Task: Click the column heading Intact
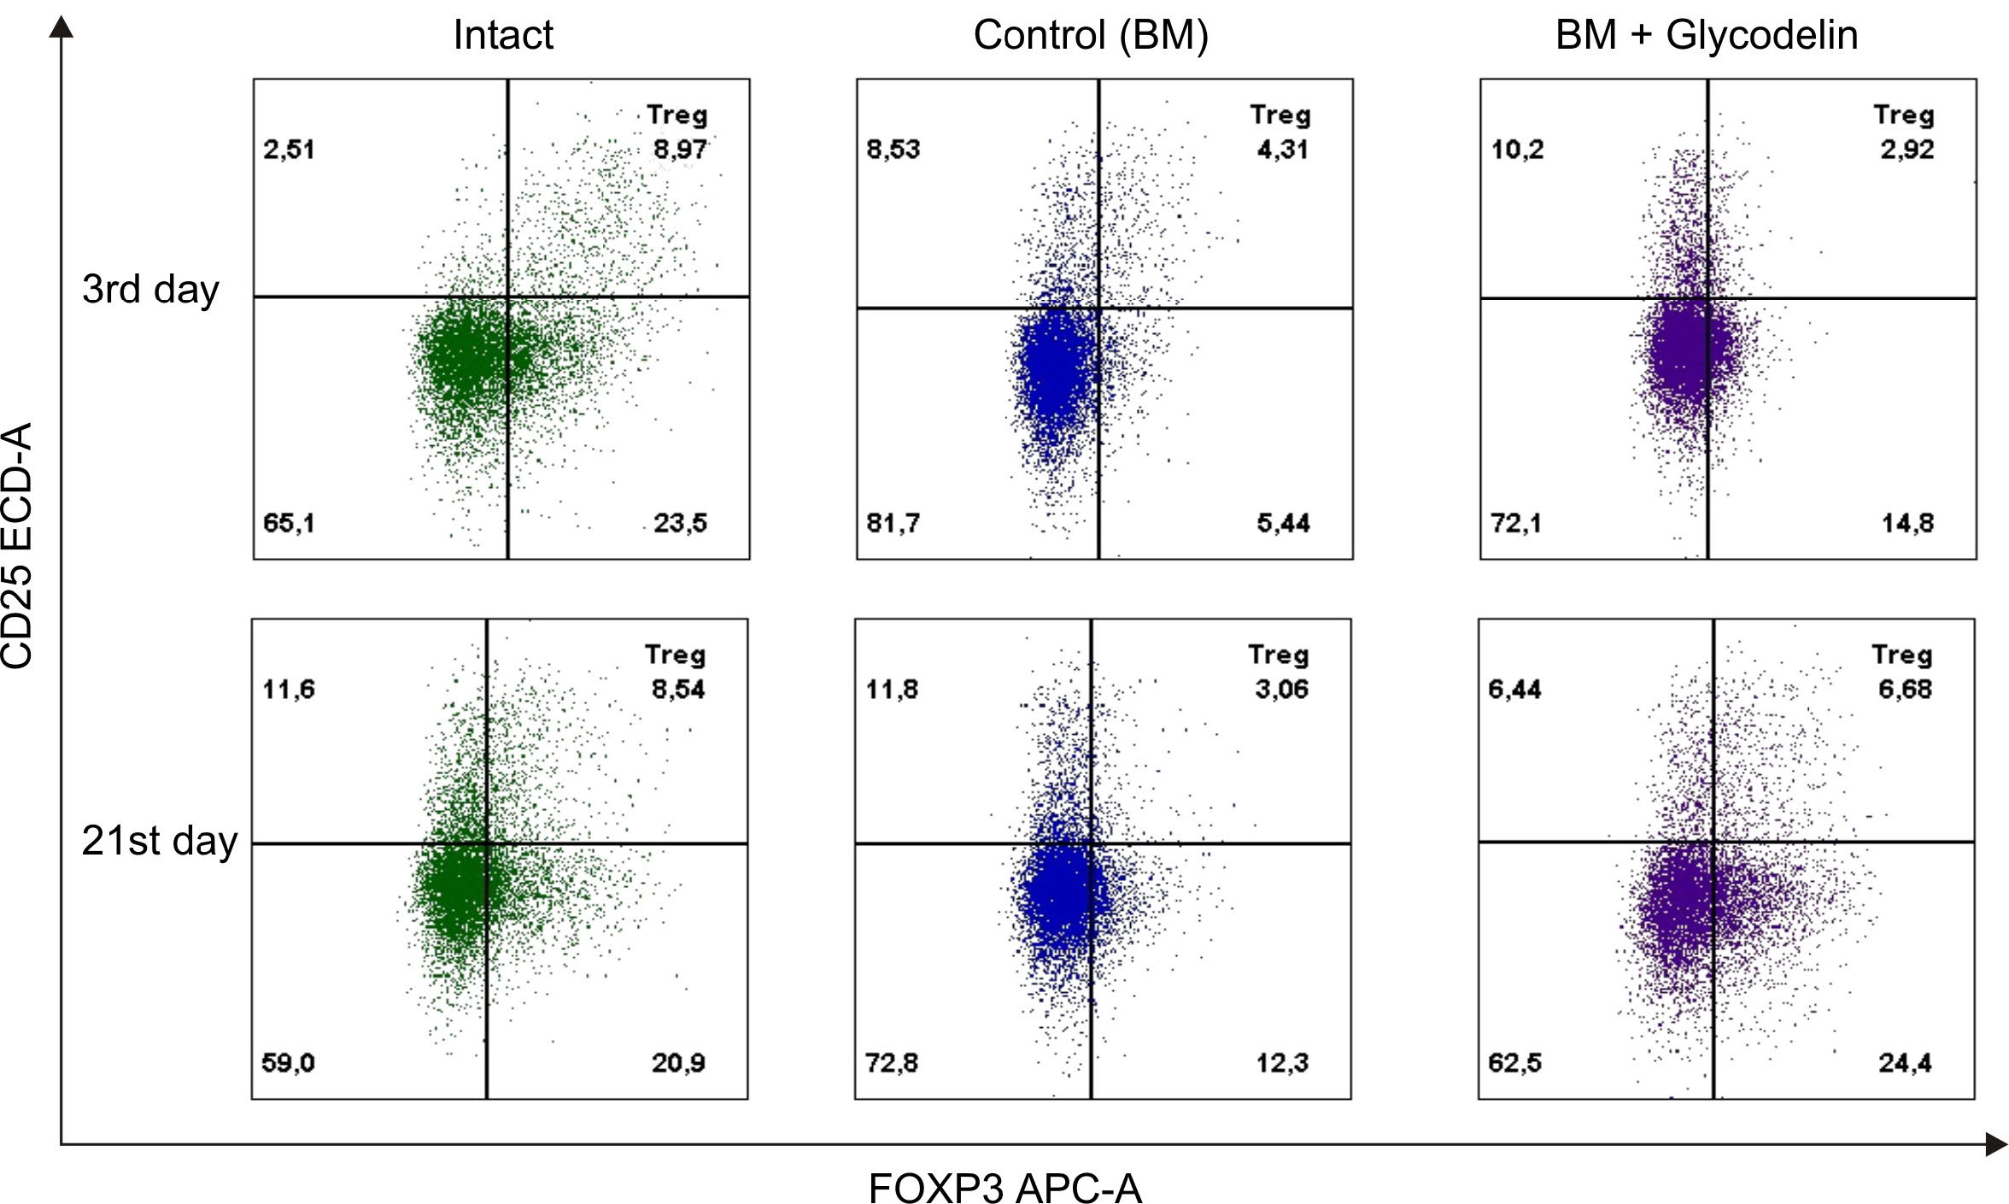(x=503, y=35)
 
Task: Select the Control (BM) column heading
(x=1091, y=36)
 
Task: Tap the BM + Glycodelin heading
(x=1707, y=36)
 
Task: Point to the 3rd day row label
(x=150, y=290)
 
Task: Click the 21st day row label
(x=159, y=841)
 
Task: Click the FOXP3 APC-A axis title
(x=1004, y=1186)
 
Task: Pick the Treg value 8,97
(x=680, y=150)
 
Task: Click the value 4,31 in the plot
(x=1282, y=150)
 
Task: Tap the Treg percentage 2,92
(x=1906, y=150)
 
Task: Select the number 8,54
(x=678, y=689)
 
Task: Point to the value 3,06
(x=1281, y=689)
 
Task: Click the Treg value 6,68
(x=1905, y=689)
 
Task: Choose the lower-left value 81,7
(x=893, y=522)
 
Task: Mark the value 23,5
(x=680, y=522)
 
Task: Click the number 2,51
(x=289, y=150)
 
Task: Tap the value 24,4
(x=1905, y=1062)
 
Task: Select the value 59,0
(x=288, y=1062)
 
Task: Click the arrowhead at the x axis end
(x=1995, y=1143)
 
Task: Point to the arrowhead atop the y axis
(x=61, y=27)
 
